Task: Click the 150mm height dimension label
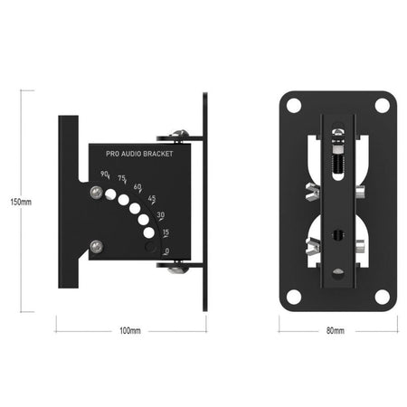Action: (20, 202)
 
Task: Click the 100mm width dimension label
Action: (130, 331)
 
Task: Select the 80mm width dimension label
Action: (335, 331)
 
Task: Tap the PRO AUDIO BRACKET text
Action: (138, 155)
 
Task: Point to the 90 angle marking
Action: (105, 174)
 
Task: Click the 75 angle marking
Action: (121, 180)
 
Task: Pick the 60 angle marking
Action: (137, 188)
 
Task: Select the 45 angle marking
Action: (151, 199)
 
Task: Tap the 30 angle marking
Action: (160, 215)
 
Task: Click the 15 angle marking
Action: (166, 232)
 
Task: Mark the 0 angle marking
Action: (166, 251)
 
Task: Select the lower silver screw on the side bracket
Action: (96, 242)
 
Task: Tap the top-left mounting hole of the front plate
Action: (293, 106)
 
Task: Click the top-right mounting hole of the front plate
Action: (382, 106)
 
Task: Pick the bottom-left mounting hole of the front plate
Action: (293, 296)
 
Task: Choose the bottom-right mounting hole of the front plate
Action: (382, 296)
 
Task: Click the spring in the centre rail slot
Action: (339, 160)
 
